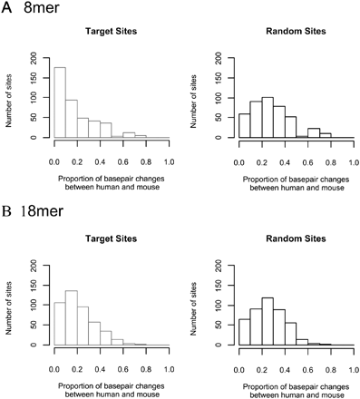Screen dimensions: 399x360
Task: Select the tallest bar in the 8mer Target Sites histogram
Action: [61, 102]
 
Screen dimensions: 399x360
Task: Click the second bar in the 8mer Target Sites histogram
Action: [73, 119]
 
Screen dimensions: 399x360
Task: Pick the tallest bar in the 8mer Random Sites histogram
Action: [268, 118]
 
